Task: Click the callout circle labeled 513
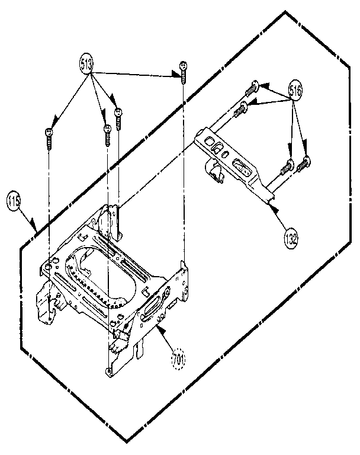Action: (87, 62)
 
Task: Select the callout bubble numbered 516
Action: (297, 91)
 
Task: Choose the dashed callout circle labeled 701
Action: (178, 359)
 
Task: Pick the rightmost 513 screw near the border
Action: (184, 72)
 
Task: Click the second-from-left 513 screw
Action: (107, 134)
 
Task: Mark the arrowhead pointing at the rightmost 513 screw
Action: (176, 74)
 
